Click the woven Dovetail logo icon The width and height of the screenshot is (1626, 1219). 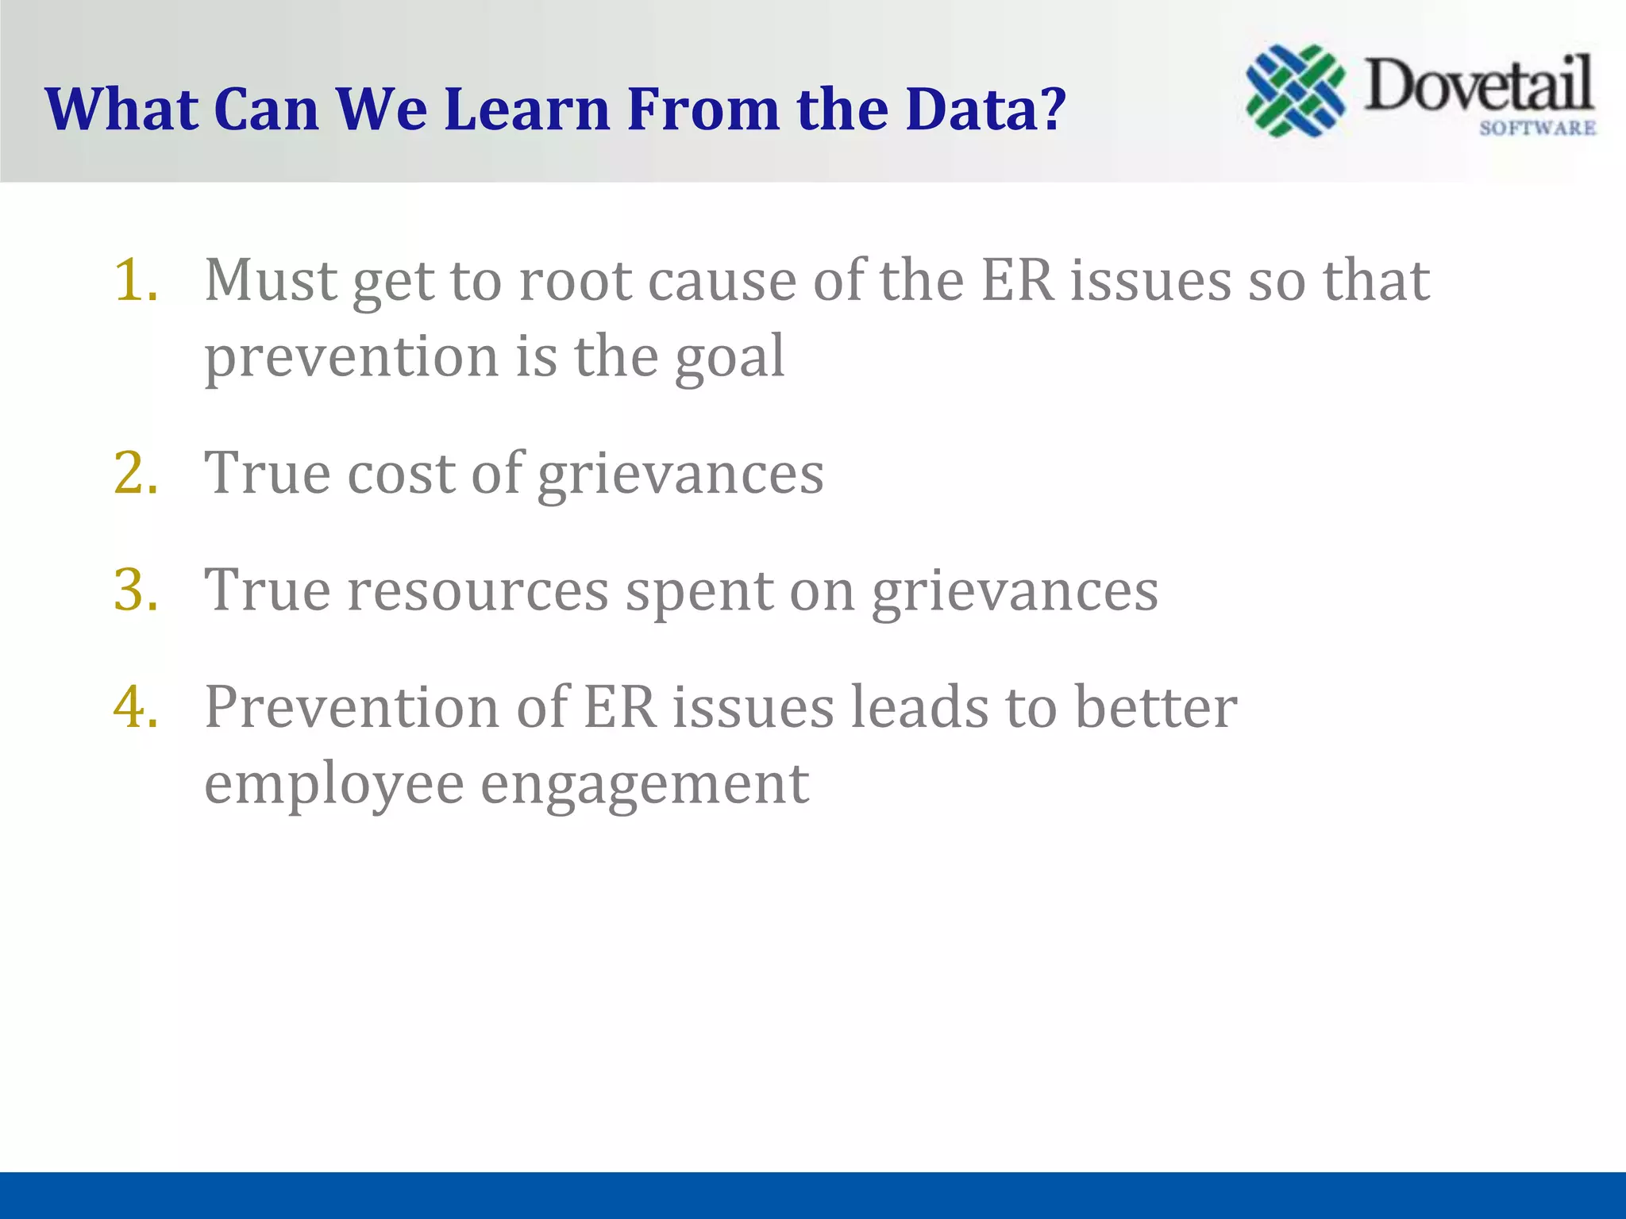pos(1296,90)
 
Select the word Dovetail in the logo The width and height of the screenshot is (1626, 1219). pos(1478,86)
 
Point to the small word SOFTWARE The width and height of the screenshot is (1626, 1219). pos(1537,128)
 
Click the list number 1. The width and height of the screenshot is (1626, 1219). pos(136,280)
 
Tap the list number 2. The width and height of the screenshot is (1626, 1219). pos(136,473)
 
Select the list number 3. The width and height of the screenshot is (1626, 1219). pos(136,590)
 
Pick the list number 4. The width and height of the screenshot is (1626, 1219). pos(136,706)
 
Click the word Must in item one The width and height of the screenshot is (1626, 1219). pos(271,280)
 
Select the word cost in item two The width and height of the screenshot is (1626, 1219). pos(402,473)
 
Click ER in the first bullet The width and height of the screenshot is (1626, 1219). pos(1018,280)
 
